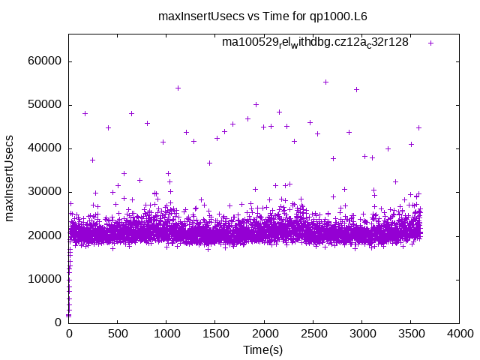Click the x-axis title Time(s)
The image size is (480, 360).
click(263, 350)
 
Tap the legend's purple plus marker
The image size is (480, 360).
click(430, 43)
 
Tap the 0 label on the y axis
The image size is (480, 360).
click(58, 322)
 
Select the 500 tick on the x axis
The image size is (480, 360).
click(118, 334)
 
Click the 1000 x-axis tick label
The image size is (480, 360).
click(166, 334)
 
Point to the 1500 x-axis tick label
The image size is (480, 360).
click(215, 334)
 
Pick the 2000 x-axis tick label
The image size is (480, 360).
click(264, 334)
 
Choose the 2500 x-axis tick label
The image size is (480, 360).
click(313, 334)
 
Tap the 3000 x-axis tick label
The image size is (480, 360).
click(361, 334)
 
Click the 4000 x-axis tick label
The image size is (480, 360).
click(459, 334)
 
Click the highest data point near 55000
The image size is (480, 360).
click(325, 82)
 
